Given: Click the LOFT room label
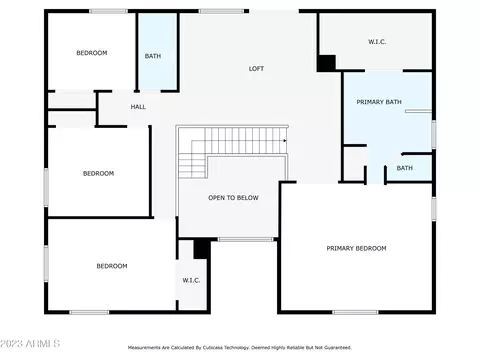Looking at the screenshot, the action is click(256, 69).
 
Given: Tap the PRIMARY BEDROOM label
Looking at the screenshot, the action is click(356, 248).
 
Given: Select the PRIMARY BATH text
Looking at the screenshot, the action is click(379, 102).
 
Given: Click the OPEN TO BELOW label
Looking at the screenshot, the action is click(233, 198).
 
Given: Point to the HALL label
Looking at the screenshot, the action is click(138, 107).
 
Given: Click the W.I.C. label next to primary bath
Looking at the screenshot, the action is click(377, 42).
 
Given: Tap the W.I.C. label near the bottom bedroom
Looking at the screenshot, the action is click(191, 280).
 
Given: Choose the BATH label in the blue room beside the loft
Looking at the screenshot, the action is click(153, 56).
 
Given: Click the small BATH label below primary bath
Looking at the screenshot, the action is click(405, 168).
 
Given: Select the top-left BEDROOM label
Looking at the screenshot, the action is click(92, 53).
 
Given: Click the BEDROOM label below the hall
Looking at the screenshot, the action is click(98, 174).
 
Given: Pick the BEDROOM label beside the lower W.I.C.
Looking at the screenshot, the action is click(112, 266).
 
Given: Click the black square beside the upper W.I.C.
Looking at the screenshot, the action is click(326, 63).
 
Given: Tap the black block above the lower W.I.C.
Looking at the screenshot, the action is click(202, 249).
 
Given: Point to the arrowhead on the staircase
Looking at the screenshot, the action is click(285, 141).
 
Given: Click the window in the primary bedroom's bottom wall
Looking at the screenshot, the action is click(355, 312).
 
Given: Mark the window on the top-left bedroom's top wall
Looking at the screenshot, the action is click(108, 11).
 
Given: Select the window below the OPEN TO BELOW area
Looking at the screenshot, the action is click(246, 239).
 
